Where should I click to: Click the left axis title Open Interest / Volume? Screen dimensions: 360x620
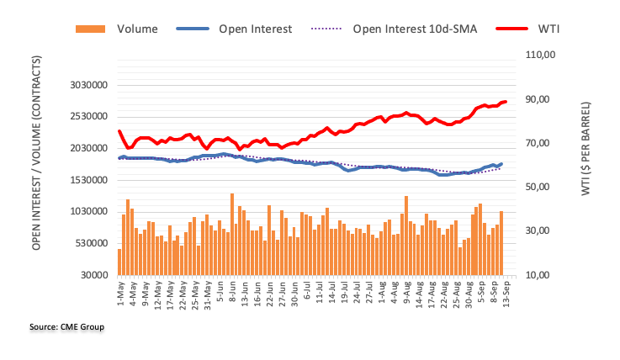pyautogui.click(x=38, y=164)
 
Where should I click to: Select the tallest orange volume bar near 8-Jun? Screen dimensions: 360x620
pyautogui.click(x=231, y=235)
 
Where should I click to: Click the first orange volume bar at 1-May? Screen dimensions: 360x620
pyautogui.click(x=119, y=262)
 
